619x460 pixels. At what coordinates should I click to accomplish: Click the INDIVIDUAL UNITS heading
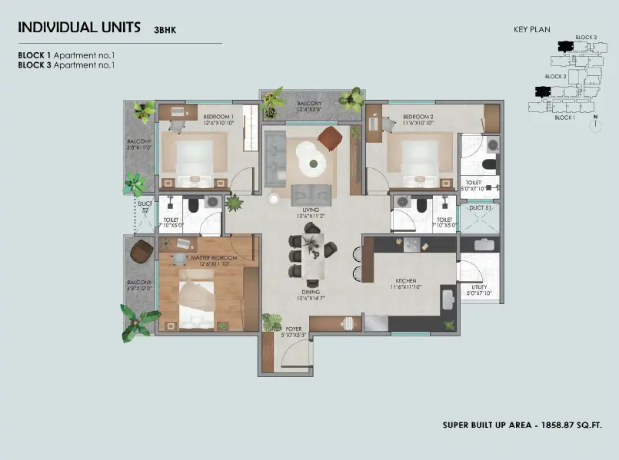(x=79, y=27)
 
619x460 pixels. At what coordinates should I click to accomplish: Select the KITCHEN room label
(x=406, y=281)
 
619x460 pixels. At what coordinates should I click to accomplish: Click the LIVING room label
(x=311, y=208)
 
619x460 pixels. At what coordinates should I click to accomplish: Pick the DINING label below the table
(x=310, y=292)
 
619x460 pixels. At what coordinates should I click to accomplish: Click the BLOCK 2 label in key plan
(x=555, y=77)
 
